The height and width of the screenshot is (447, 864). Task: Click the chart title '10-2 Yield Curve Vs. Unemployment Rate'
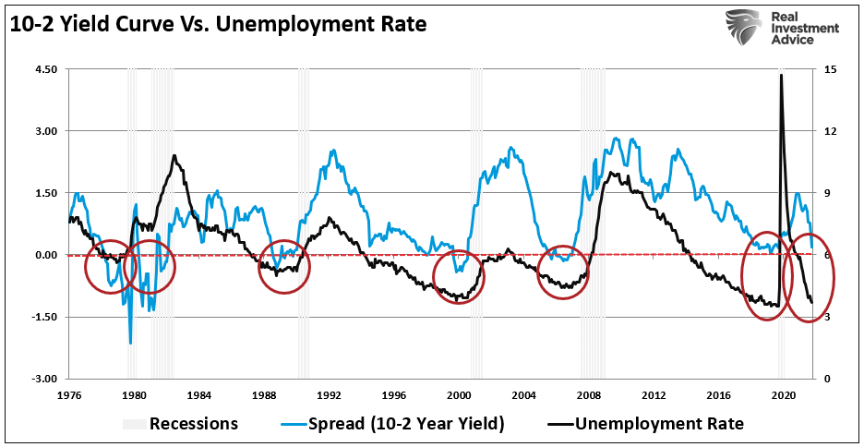(x=219, y=24)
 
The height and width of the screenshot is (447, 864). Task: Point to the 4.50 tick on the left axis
(x=44, y=69)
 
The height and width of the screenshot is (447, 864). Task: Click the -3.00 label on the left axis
(x=44, y=379)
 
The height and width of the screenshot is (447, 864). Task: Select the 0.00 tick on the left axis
(x=44, y=255)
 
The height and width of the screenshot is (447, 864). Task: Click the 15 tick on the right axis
(x=830, y=69)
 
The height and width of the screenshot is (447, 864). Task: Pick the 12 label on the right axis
(x=830, y=131)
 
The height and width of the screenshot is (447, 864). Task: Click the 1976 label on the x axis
(x=69, y=394)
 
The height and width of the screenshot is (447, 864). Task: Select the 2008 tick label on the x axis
(x=589, y=394)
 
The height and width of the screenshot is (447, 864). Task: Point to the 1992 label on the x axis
(x=330, y=394)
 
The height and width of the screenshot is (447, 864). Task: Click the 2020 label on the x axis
(x=784, y=394)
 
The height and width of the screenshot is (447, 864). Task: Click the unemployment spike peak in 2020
(x=782, y=76)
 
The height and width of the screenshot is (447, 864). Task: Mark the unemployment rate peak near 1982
(x=174, y=156)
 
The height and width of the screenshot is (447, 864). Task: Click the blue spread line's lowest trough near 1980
(x=130, y=343)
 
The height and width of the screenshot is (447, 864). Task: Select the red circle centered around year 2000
(x=459, y=276)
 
